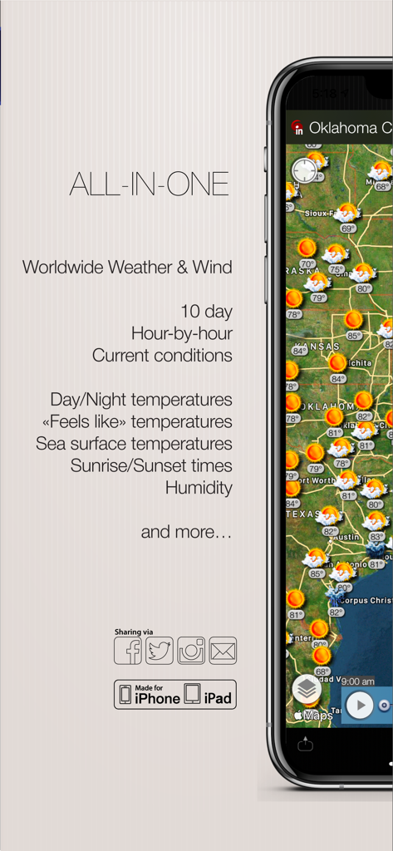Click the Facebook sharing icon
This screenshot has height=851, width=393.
coord(128,651)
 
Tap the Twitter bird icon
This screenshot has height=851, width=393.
coord(160,651)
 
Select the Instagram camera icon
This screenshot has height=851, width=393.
coord(191,651)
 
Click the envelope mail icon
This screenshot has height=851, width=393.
coord(223,651)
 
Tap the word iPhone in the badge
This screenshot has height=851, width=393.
coord(157,698)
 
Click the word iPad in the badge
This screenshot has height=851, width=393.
coord(218,698)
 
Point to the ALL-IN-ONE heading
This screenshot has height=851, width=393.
coord(150,184)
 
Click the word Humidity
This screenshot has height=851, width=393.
coord(199,488)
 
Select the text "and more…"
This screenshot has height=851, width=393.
coord(186,532)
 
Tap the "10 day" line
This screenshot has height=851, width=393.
coord(206,312)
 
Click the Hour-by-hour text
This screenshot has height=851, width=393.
coord(181,333)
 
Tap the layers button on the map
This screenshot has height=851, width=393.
coord(307,688)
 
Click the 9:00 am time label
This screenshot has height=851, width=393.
coord(357,681)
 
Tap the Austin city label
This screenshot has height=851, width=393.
coord(347,537)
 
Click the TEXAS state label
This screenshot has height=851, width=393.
coord(302,514)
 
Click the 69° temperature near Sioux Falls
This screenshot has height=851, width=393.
coord(348,228)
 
